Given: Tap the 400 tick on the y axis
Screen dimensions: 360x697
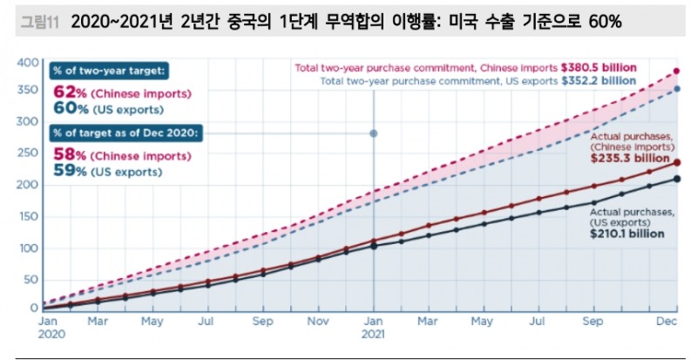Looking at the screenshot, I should click(x=29, y=62).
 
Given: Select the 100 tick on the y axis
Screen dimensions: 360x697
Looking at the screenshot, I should click(x=29, y=248).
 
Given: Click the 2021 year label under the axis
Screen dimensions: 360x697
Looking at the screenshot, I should click(x=374, y=333).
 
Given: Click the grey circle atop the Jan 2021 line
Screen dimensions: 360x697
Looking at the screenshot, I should click(x=374, y=133).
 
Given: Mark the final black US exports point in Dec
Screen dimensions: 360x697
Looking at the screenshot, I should click(x=677, y=180).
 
